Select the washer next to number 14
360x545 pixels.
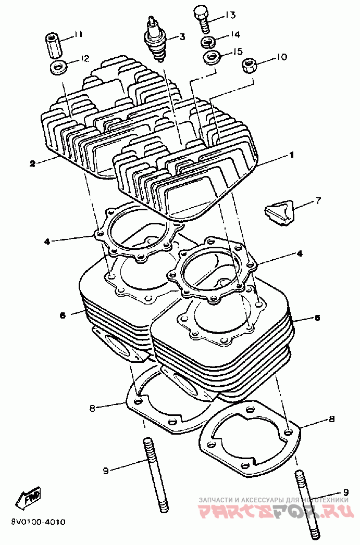coord(210,41)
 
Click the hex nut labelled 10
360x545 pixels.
coord(249,66)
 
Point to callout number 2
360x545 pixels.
coord(32,163)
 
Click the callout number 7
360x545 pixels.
coord(318,200)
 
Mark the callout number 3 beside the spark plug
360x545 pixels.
coord(182,36)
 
